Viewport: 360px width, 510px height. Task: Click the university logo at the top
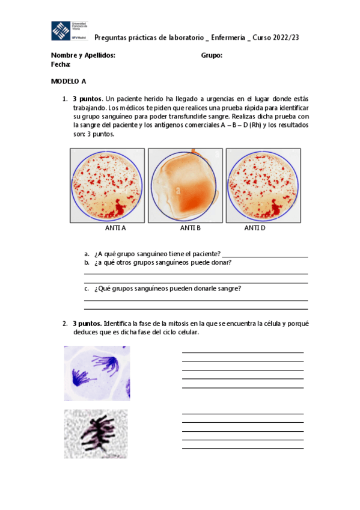(70, 31)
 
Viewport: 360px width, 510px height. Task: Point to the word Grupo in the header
(212, 55)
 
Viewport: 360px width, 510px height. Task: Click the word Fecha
(61, 64)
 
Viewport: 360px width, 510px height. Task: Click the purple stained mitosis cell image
(97, 373)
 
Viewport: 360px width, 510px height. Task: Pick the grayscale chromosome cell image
(96, 434)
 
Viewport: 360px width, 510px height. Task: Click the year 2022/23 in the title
(287, 37)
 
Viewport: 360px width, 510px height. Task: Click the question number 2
(64, 324)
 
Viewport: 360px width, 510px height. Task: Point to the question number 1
(64, 99)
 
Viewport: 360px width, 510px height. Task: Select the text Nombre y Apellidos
(83, 55)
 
